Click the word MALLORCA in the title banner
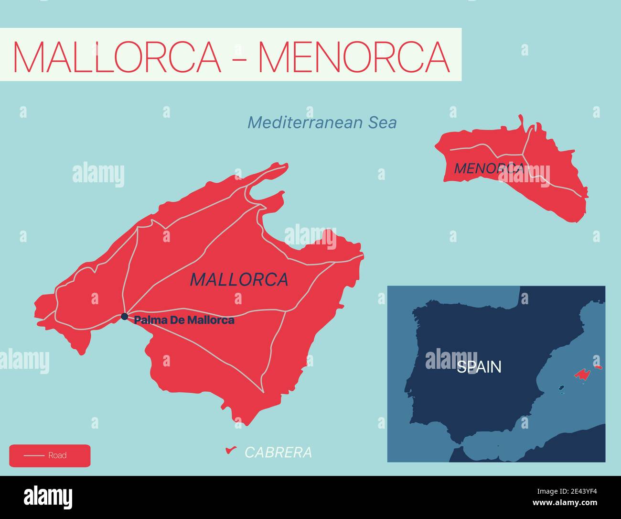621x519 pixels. [118, 56]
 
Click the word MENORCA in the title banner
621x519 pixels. [354, 56]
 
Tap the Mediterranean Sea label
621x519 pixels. [322, 123]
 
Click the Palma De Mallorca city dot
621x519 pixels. [124, 316]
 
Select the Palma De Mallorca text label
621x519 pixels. [184, 320]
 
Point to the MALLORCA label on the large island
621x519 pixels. [239, 279]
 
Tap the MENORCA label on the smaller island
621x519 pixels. [488, 168]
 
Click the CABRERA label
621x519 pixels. [278, 453]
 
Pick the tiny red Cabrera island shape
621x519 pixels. [231, 450]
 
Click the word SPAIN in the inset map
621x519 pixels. [479, 367]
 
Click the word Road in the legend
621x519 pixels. [57, 455]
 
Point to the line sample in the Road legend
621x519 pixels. [34, 455]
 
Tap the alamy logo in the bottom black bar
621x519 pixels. [48, 497]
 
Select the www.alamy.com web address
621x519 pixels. [566, 503]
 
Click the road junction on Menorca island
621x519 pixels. [524, 155]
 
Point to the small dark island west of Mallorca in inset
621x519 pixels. [562, 388]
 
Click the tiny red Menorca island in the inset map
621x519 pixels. [598, 367]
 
